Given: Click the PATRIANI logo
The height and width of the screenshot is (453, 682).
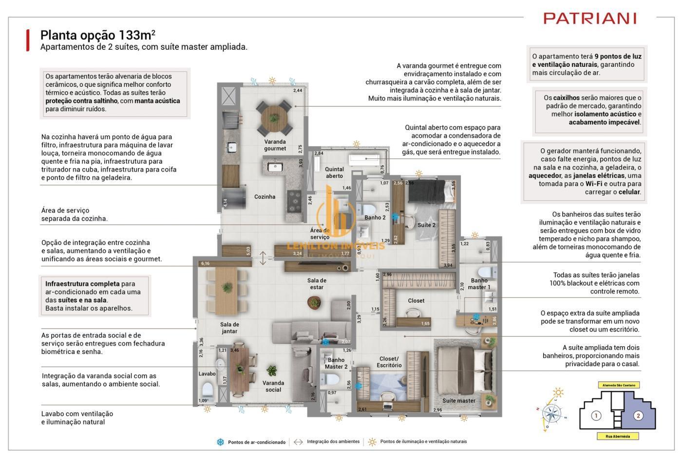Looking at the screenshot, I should (x=590, y=19).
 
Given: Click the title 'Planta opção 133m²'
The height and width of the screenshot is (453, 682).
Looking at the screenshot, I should (x=97, y=35).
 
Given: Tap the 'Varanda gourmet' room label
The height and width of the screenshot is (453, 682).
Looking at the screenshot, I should (x=275, y=145).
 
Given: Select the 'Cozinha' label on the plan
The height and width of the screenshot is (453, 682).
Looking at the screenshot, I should (x=265, y=197).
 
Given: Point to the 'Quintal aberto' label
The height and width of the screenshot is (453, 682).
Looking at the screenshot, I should (x=334, y=173).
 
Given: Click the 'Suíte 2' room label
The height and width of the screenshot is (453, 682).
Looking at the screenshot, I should (x=426, y=225).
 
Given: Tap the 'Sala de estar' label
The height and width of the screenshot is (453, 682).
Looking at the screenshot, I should (x=317, y=284).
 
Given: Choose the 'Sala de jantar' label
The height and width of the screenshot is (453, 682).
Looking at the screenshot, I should (x=229, y=328).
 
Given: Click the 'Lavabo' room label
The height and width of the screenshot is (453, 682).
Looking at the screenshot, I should (x=207, y=374).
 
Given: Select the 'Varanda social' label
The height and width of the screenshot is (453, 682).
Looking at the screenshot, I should (x=273, y=386).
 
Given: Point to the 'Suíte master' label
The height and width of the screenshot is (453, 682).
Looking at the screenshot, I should (x=458, y=401).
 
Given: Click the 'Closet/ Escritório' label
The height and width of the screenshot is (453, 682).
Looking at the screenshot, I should (x=389, y=362).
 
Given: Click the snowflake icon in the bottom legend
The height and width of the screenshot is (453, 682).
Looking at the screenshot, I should (x=221, y=442).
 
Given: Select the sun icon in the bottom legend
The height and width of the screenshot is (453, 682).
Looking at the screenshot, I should (x=372, y=442).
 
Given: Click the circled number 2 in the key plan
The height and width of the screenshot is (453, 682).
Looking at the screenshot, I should (x=638, y=416).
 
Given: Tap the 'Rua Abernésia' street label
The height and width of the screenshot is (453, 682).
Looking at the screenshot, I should (x=618, y=436).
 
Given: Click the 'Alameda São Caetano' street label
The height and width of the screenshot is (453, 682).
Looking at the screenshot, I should (x=619, y=385).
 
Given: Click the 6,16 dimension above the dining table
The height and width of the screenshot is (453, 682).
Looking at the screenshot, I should (x=205, y=264).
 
